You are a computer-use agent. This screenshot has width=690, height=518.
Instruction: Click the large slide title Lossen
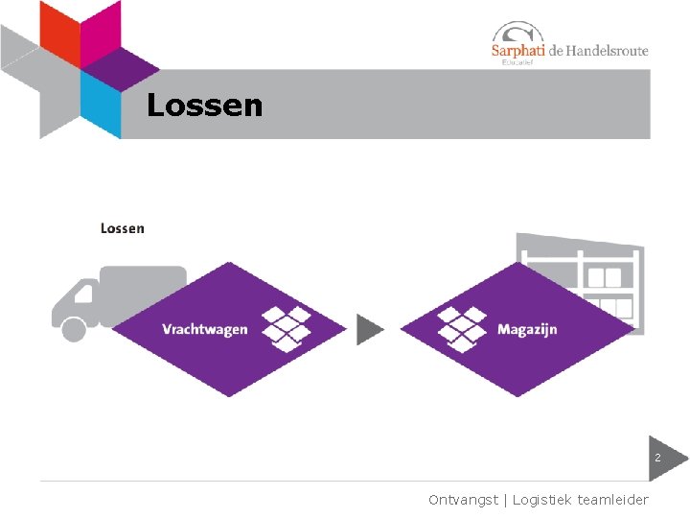tap(204, 106)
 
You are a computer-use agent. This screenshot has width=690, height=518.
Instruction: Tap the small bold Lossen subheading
tap(122, 228)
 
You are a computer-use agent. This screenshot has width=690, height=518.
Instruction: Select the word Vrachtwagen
tap(204, 329)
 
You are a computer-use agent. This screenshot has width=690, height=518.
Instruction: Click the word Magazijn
tap(526, 330)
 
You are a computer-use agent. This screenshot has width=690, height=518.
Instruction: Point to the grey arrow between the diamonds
tap(370, 329)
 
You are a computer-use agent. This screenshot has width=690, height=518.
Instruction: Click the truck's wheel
tap(73, 329)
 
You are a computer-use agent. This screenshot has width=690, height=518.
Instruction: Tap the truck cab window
tap(85, 292)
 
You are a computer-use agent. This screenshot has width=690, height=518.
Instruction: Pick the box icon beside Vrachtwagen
tap(287, 328)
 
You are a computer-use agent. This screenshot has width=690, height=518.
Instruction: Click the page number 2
tap(657, 459)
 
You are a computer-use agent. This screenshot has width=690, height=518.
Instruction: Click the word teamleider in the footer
tap(613, 500)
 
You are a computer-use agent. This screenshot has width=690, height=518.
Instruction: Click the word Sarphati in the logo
tap(517, 52)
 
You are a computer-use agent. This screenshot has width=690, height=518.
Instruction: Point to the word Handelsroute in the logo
tap(608, 51)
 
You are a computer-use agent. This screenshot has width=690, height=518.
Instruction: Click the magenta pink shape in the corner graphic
tap(101, 29)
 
